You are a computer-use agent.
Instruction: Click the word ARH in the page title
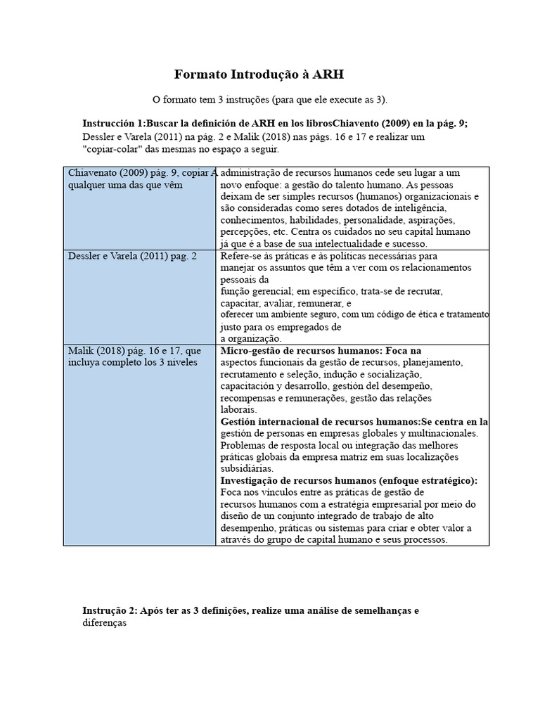click(328, 75)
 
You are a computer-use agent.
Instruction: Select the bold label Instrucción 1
click(112, 122)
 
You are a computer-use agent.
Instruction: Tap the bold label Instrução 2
click(108, 610)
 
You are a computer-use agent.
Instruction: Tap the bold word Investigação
click(254, 480)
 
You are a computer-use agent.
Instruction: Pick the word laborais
click(238, 409)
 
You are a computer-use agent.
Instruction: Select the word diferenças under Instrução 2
click(104, 623)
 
